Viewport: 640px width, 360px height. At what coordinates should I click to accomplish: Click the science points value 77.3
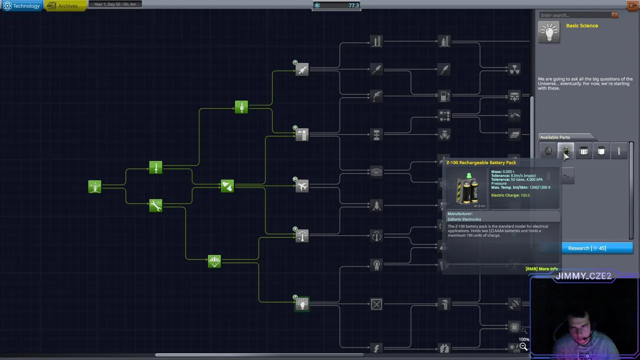click(353, 5)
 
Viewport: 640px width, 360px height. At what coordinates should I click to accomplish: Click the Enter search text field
click(575, 15)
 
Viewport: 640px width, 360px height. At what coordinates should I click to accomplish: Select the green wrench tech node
click(155, 205)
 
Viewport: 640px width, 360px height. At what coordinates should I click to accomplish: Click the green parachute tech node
click(214, 261)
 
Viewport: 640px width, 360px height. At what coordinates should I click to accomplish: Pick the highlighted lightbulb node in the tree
click(302, 304)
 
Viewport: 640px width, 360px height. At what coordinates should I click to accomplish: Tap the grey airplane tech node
click(302, 186)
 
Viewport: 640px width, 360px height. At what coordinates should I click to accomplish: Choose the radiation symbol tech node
click(514, 69)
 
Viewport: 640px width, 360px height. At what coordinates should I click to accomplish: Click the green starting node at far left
click(94, 186)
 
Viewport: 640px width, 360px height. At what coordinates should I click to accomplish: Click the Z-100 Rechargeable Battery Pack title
click(481, 162)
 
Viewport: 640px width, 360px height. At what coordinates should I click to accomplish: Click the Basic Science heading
click(581, 25)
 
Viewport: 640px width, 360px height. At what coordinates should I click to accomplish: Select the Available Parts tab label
click(554, 137)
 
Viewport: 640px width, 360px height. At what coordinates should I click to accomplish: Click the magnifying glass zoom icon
click(523, 346)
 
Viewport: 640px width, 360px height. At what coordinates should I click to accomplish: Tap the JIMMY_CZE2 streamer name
click(583, 276)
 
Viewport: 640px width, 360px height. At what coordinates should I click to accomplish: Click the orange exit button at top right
click(632, 6)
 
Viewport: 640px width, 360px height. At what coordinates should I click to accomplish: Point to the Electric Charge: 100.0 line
click(510, 195)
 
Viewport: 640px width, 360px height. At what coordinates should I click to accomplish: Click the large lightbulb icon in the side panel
click(549, 32)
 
